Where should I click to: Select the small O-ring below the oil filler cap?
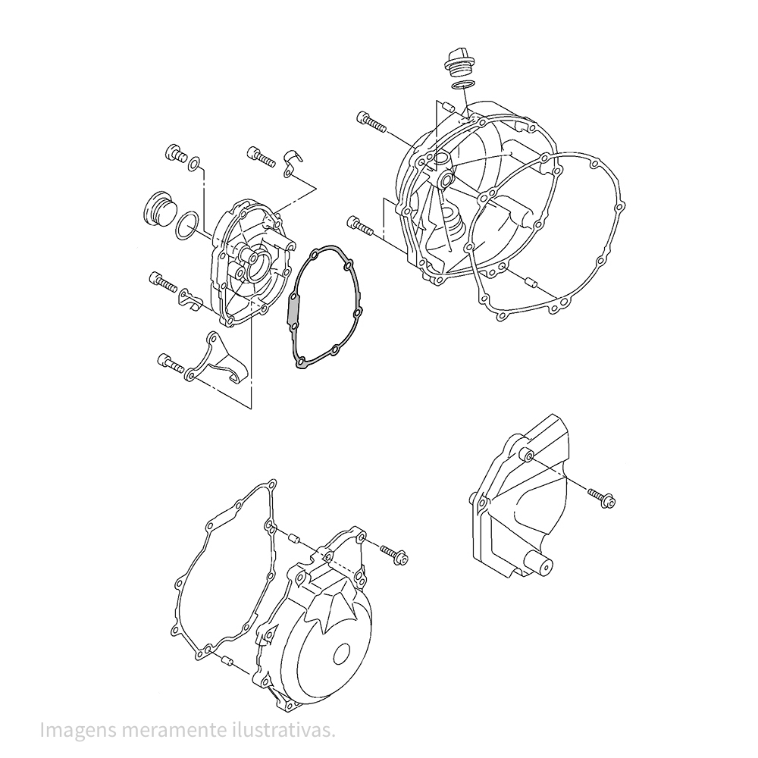pyautogui.click(x=462, y=86)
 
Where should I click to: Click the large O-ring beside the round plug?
pyautogui.click(x=187, y=225)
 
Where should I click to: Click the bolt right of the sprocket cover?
pyautogui.click(x=602, y=498)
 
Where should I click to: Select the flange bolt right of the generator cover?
pyautogui.click(x=394, y=554)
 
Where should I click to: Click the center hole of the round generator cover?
pyautogui.click(x=343, y=655)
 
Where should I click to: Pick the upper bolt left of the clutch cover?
pyautogui.click(x=371, y=121)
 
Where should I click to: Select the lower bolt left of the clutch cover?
pyautogui.click(x=360, y=226)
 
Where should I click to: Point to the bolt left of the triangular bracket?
pyautogui.click(x=171, y=362)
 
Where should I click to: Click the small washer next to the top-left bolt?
pyautogui.click(x=193, y=164)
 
